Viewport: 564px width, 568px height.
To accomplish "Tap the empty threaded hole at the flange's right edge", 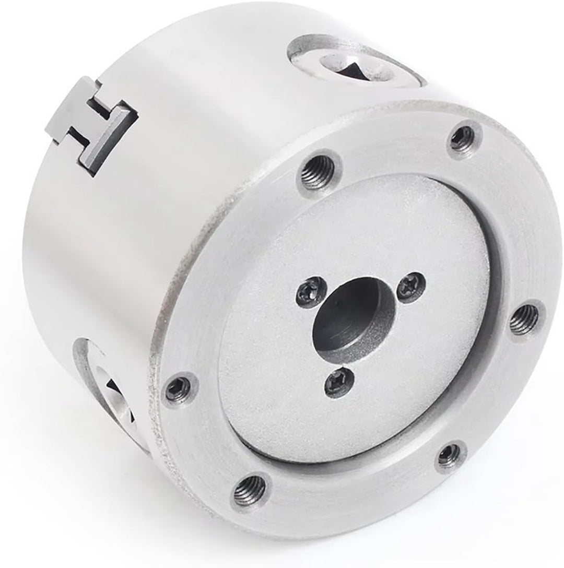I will (523, 319).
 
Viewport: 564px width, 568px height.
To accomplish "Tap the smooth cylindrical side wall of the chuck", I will (157, 209).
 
